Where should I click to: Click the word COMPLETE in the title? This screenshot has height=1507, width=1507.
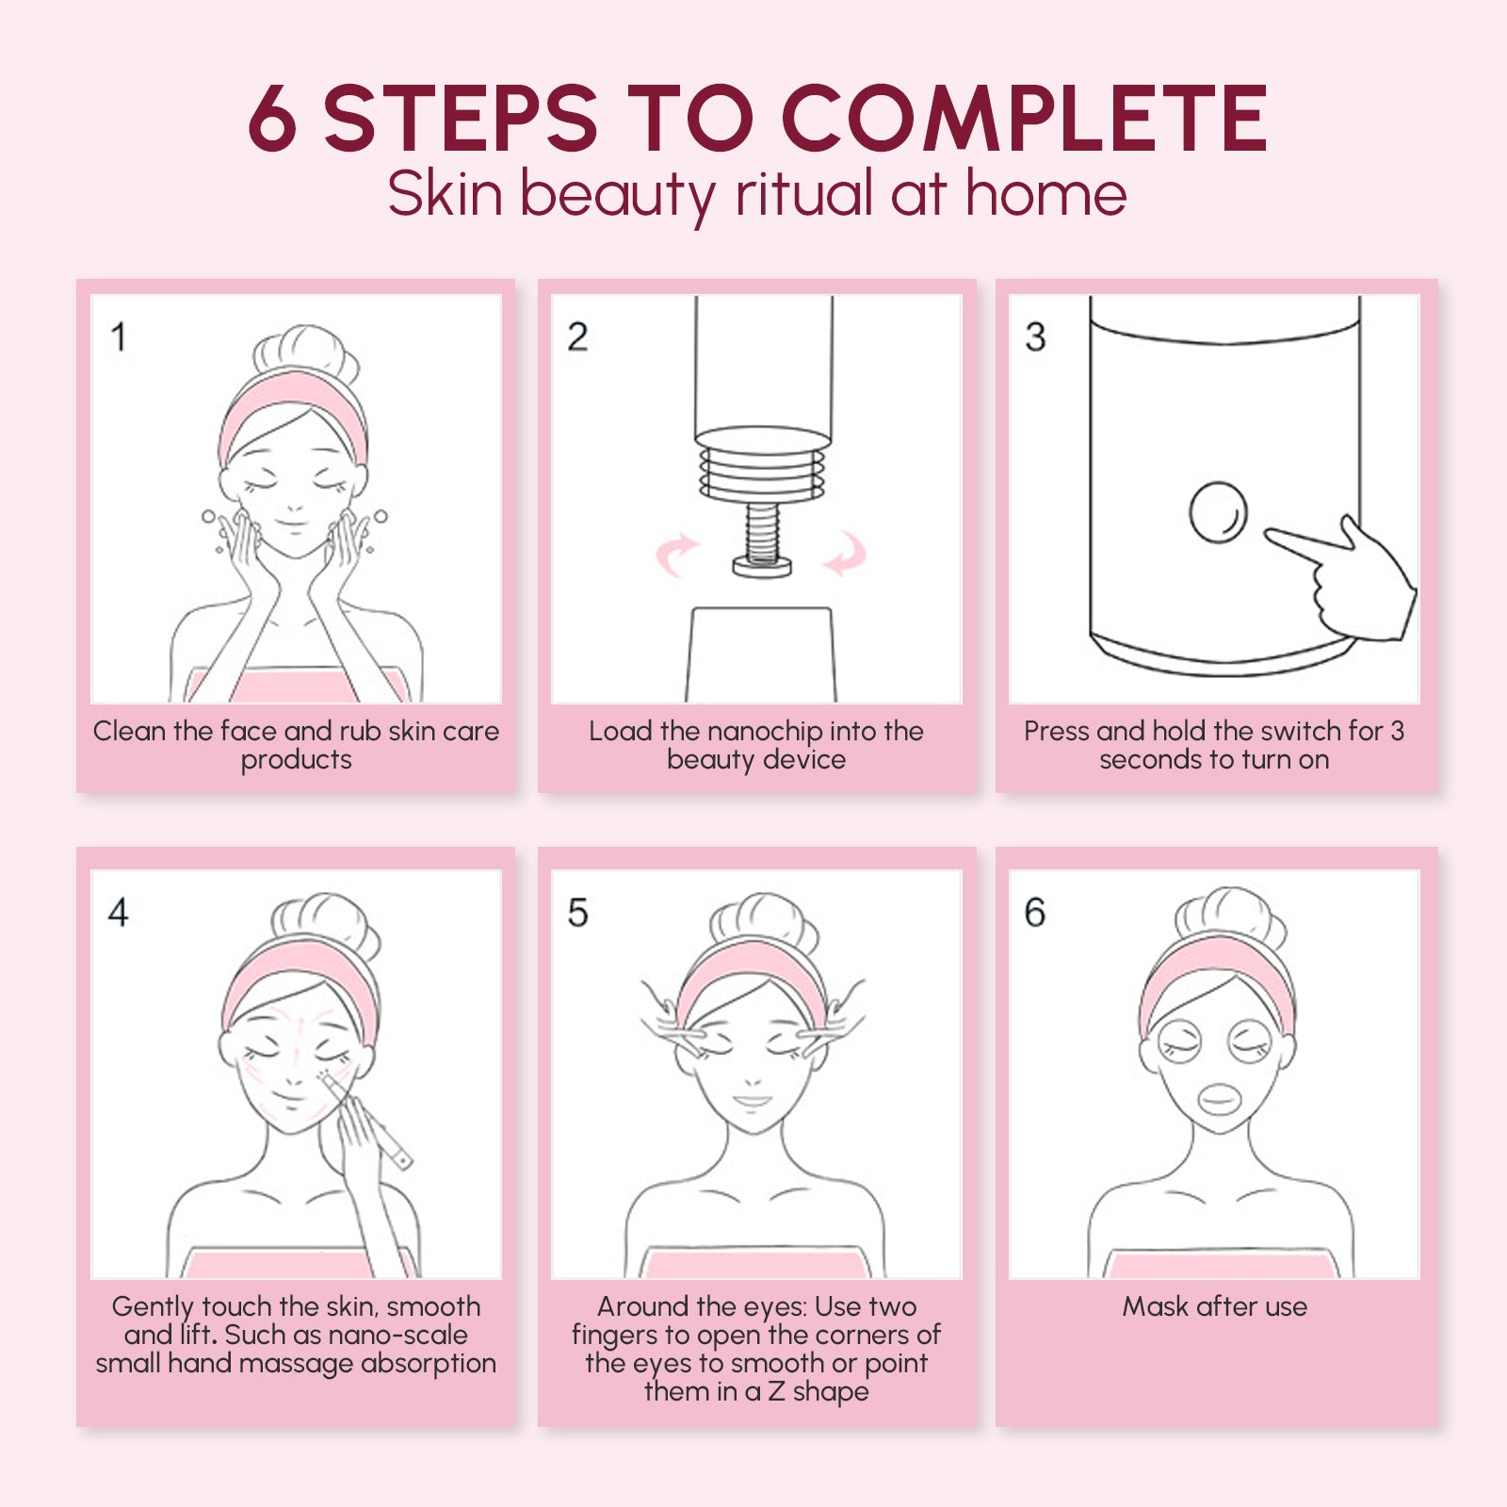(1025, 118)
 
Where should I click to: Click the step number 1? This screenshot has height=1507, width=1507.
(119, 336)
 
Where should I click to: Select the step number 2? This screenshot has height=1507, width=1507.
(577, 336)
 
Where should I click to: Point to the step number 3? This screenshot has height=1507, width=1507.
(1035, 336)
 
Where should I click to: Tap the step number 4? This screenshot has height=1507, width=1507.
(119, 912)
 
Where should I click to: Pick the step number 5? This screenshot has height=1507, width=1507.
(577, 912)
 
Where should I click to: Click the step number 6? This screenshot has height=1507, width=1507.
(1035, 912)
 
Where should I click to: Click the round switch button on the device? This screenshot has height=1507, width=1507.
(1218, 512)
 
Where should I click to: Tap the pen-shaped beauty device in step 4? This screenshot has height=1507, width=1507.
(369, 1122)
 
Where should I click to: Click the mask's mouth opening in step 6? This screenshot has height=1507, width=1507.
(1218, 1099)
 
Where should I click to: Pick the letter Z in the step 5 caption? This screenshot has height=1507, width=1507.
(776, 1391)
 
